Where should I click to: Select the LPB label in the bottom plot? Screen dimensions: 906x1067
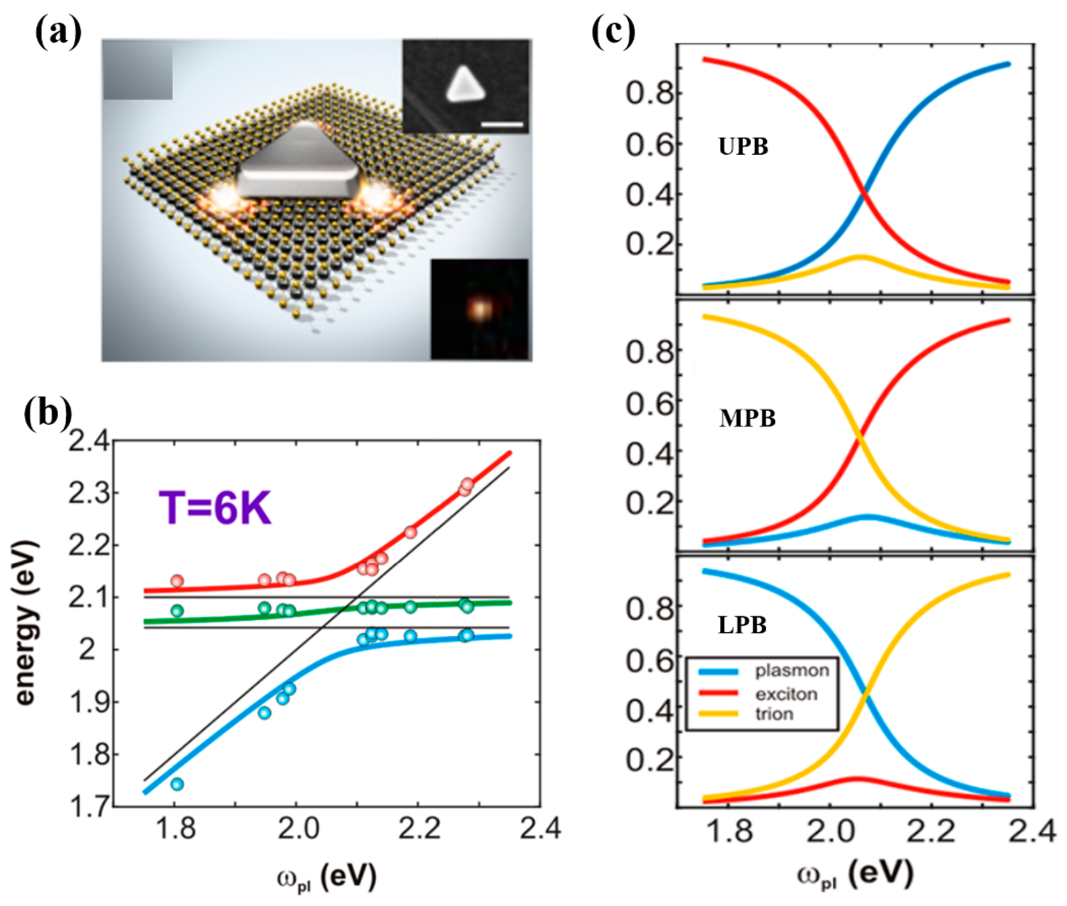tap(742, 625)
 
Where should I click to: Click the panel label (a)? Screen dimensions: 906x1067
tap(58, 32)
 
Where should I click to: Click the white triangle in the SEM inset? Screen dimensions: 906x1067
tap(465, 84)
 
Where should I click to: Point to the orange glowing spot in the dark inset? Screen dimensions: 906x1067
tap(479, 309)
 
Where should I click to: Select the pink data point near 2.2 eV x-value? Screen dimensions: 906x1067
tap(410, 532)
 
